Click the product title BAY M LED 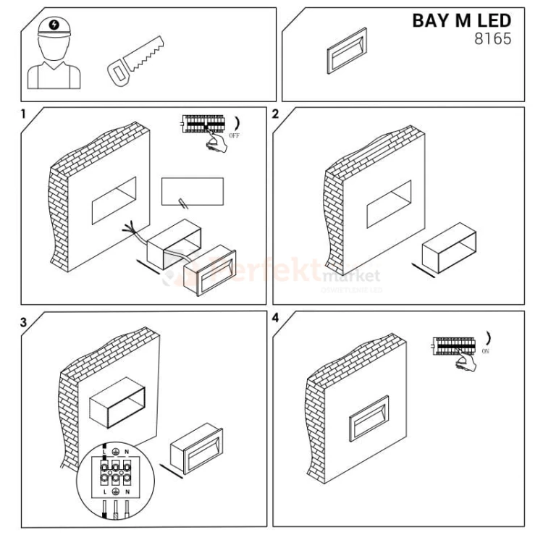point(461,20)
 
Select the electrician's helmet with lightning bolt point(55,27)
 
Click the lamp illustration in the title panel point(348,51)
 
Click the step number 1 point(24,114)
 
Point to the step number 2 point(275,114)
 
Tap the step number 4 point(275,319)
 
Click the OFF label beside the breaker point(234,135)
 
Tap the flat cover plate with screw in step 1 point(192,190)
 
